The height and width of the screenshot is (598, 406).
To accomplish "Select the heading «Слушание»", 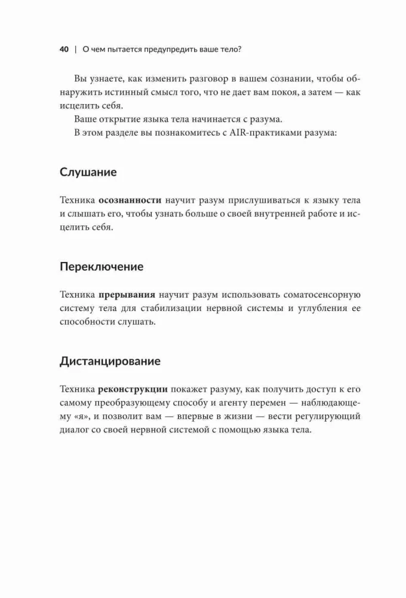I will pyautogui.click(x=88, y=172).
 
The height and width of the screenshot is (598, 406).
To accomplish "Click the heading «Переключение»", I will pyautogui.click(x=101, y=267).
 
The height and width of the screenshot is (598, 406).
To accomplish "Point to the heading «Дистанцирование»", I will pyautogui.click(x=110, y=361).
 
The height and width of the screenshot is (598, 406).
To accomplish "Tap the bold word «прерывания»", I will pyautogui.click(x=127, y=295).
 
